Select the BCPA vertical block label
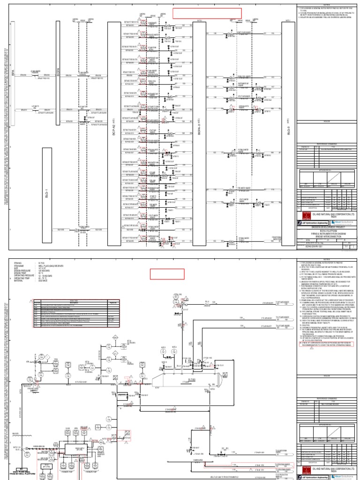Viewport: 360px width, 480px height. click(x=57, y=73)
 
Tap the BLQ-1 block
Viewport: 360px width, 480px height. click(x=47, y=195)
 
